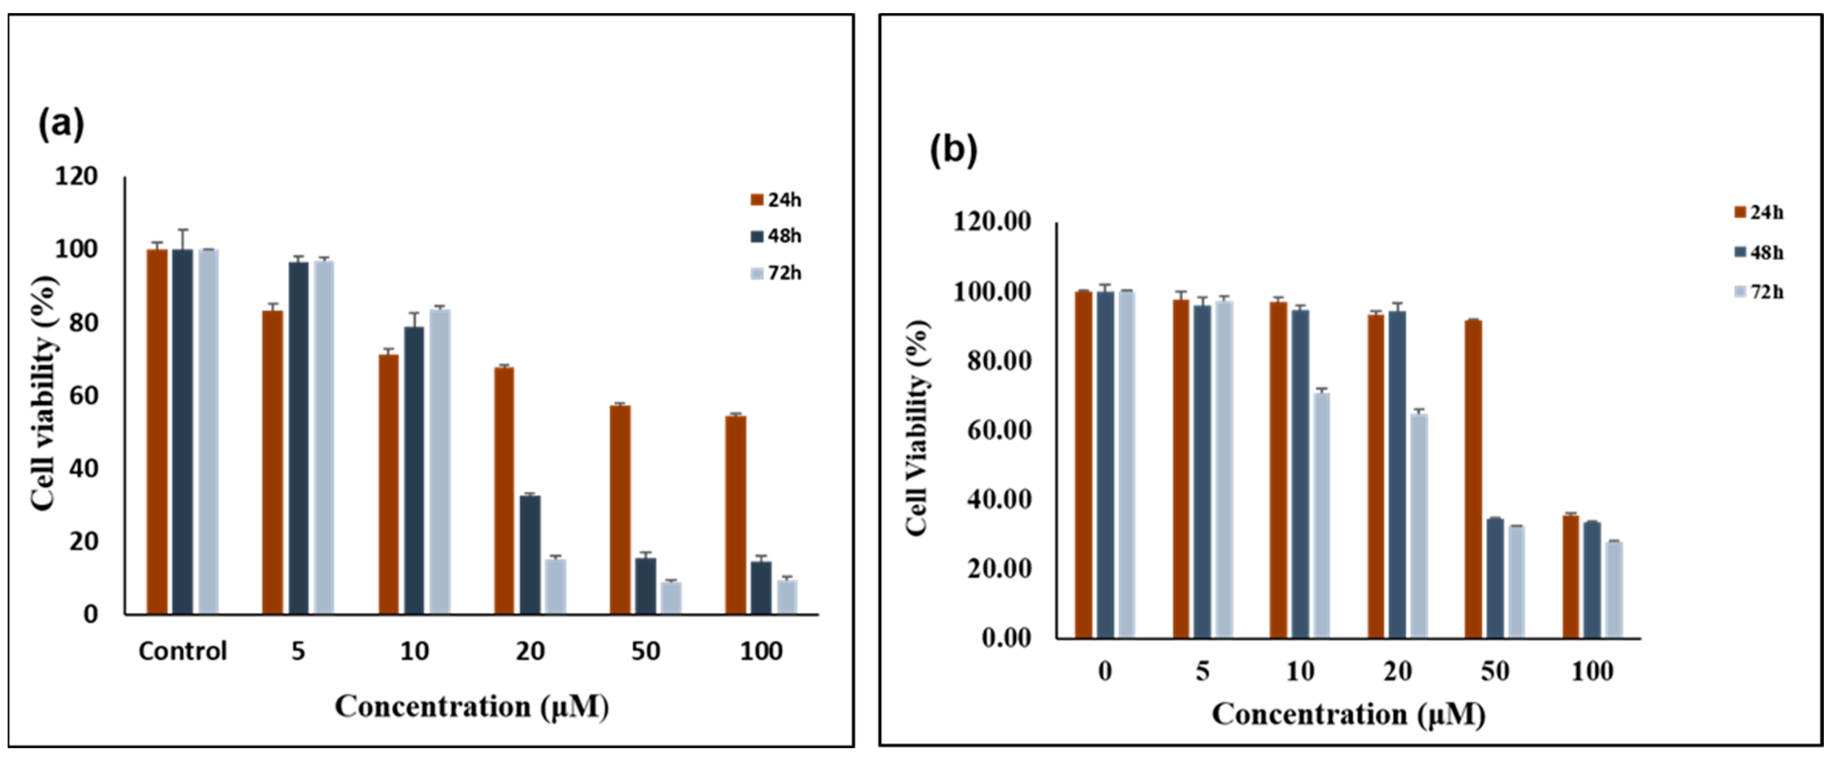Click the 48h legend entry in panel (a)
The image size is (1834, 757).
point(776,236)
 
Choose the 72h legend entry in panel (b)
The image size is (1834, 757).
point(1758,292)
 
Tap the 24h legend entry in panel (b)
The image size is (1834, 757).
point(1758,212)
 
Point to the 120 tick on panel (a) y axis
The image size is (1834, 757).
point(76,176)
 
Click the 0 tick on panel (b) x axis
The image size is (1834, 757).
point(1104,672)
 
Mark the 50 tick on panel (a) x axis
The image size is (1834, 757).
point(646,651)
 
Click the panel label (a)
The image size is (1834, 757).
point(61,124)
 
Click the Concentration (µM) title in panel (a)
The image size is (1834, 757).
point(472,707)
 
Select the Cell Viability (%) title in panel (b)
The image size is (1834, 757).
point(918,427)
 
